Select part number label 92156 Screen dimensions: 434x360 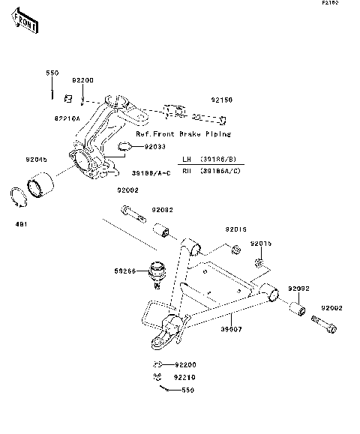tap(221, 99)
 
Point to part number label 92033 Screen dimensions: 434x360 tap(156, 147)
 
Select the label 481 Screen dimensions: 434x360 tap(21, 223)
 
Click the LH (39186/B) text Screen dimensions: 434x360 tap(217, 160)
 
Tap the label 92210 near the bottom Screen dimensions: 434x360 tap(185, 377)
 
